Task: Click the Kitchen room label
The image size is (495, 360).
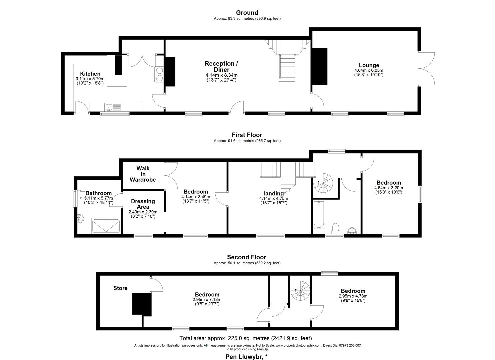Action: [x=90, y=74]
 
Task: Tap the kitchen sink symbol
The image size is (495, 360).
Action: [x=109, y=107]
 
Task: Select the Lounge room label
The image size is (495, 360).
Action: [x=369, y=65]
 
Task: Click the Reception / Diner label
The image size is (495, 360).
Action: [x=221, y=66]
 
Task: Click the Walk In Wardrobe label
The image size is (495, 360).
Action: [x=143, y=174]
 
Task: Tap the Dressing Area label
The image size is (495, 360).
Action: [x=143, y=204]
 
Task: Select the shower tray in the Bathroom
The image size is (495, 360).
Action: [x=106, y=226]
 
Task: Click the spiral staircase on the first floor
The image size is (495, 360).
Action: [x=323, y=184]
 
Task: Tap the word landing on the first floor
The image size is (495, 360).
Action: [x=274, y=193]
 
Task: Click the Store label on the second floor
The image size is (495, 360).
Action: [x=120, y=288]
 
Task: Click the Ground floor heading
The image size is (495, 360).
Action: [x=247, y=13]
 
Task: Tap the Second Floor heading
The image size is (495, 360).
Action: [x=247, y=257]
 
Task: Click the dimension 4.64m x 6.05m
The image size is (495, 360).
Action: [x=369, y=70]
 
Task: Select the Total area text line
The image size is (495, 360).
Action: [x=246, y=338]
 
